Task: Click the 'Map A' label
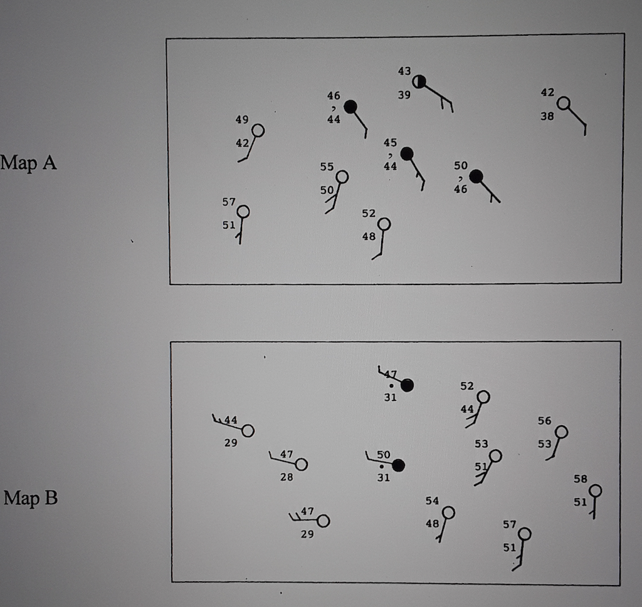click(29, 163)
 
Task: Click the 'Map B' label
click(30, 499)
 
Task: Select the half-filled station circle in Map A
click(419, 81)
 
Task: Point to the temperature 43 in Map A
click(404, 71)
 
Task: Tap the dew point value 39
click(404, 95)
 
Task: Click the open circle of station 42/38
click(564, 103)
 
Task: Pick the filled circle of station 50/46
click(476, 176)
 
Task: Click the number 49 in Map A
click(242, 120)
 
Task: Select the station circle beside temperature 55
click(342, 177)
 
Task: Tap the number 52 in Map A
click(369, 214)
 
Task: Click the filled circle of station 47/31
click(407, 385)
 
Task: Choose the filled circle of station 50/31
click(397, 465)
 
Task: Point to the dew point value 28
click(287, 477)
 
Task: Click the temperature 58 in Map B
click(581, 479)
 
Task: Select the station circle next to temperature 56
click(561, 432)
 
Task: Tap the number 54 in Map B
click(432, 501)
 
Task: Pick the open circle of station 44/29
click(248, 431)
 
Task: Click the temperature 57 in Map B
click(509, 524)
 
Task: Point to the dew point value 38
click(547, 116)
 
